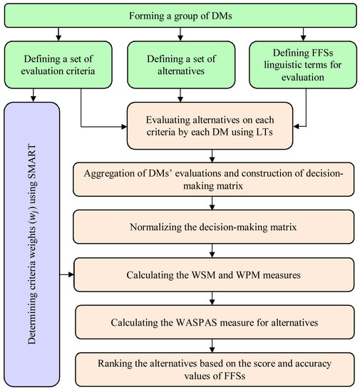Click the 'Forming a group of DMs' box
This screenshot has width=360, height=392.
(180, 15)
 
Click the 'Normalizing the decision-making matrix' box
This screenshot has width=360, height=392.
(212, 230)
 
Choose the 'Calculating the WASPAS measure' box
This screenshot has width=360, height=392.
(212, 321)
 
